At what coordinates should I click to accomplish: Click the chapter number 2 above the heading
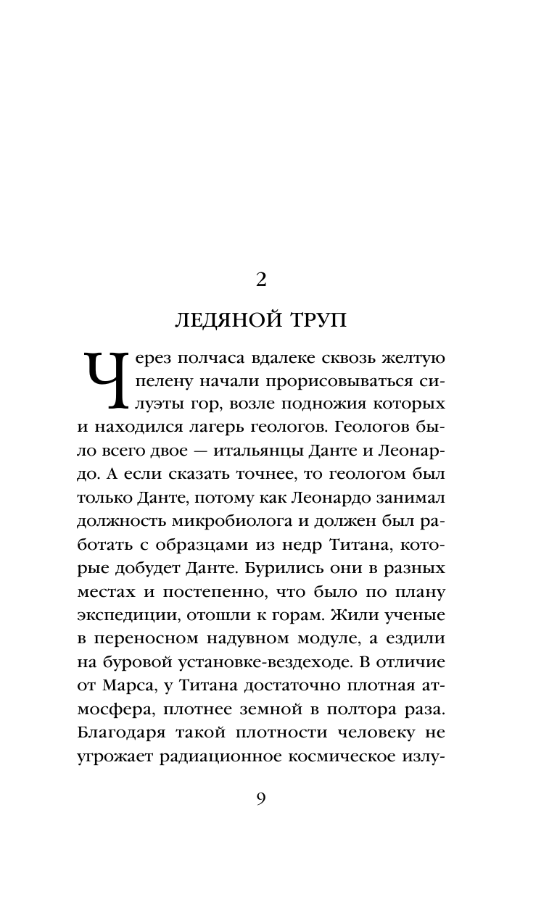point(262,280)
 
